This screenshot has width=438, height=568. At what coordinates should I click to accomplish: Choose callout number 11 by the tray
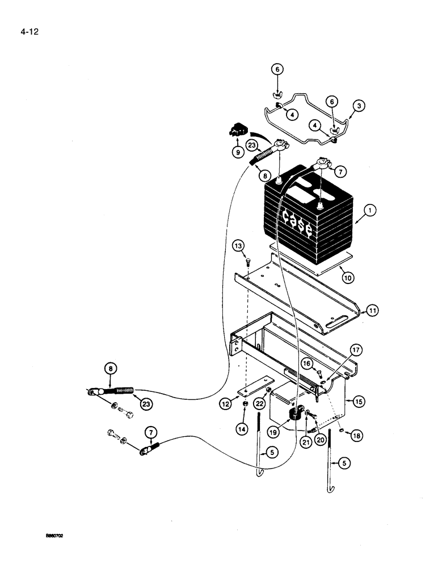tap(371, 311)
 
